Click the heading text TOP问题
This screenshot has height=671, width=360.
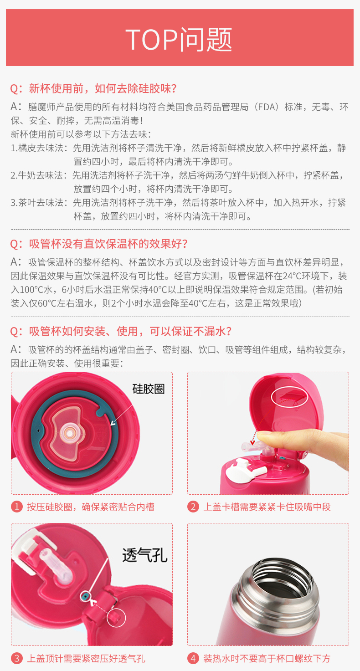click(x=179, y=40)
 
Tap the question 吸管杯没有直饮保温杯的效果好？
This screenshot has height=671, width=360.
click(x=99, y=244)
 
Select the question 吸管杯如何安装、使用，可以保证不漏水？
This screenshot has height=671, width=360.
click(x=121, y=331)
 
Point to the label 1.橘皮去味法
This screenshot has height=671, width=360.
click(x=39, y=148)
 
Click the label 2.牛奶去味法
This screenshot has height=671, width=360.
click(x=39, y=175)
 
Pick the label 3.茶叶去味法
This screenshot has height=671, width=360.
click(x=39, y=203)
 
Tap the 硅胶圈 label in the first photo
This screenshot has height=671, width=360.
click(x=148, y=389)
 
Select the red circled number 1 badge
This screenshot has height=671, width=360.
click(x=17, y=507)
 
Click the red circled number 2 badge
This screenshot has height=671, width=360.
click(x=193, y=507)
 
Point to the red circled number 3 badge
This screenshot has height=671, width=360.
click(x=17, y=658)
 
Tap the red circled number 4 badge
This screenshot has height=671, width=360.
click(x=193, y=658)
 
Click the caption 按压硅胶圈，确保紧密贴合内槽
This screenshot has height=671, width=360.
click(x=90, y=507)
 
